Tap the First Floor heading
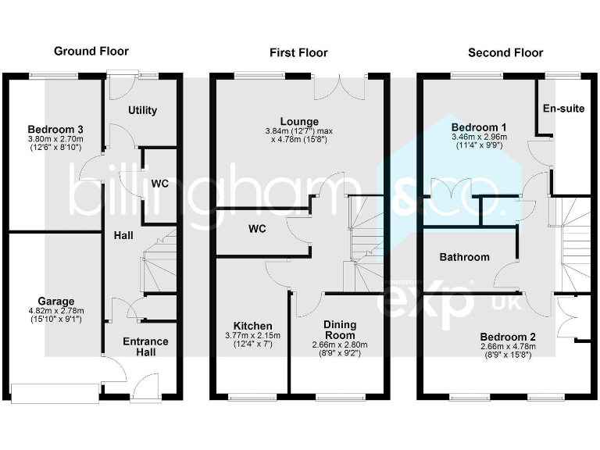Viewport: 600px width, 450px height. [298, 52]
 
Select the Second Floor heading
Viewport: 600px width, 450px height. [505, 52]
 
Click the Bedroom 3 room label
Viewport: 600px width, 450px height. [55, 129]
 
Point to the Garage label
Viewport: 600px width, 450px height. [55, 301]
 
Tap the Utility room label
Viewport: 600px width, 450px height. [142, 110]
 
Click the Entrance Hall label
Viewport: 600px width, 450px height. [146, 347]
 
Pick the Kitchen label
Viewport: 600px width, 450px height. [252, 326]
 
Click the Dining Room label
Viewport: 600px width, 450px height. [340, 330]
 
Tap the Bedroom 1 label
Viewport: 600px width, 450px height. [479, 127]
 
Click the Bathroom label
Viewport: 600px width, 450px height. [464, 257]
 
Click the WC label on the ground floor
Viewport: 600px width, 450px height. [159, 184]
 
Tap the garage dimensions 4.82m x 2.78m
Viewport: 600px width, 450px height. [55, 310]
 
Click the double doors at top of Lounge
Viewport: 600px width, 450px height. [340, 87]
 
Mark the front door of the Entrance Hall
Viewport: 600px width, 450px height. [146, 387]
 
